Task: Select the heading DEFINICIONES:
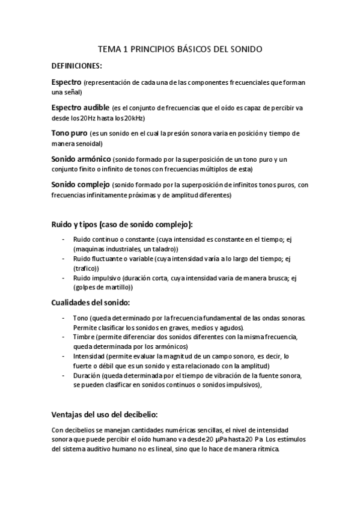[x=77, y=66]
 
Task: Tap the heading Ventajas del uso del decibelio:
[x=105, y=414]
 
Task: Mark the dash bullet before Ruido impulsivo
[x=64, y=278]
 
